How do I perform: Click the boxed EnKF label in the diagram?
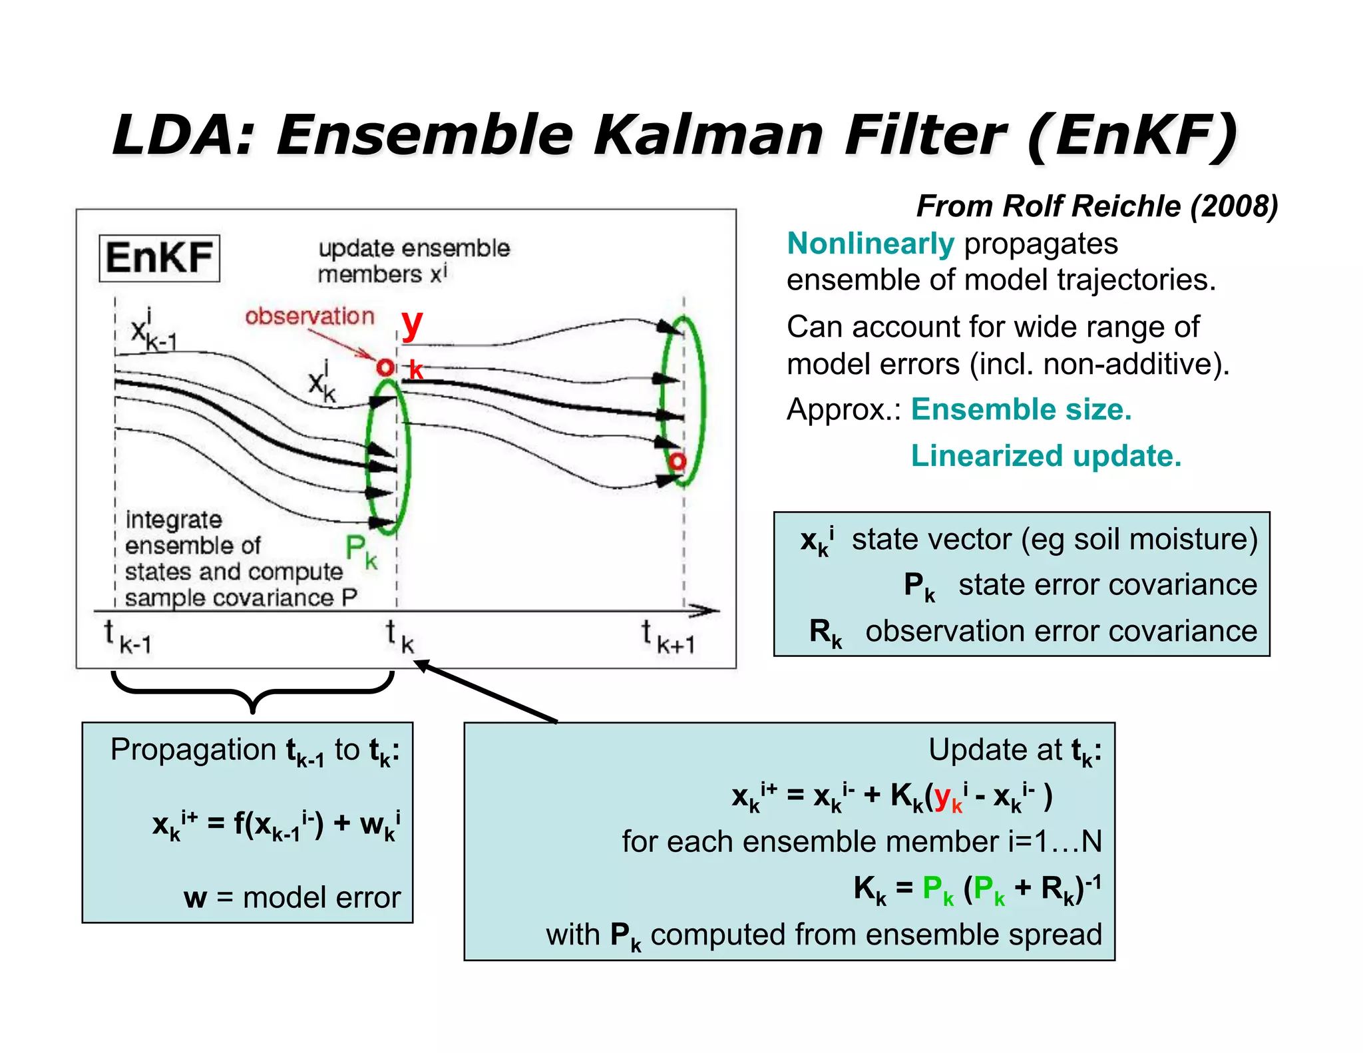pos(159,258)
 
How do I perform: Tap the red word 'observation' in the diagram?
pos(309,316)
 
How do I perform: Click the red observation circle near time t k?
pos(385,367)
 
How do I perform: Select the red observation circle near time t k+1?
pos(678,461)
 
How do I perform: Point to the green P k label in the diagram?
pos(361,552)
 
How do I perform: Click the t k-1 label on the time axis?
pos(128,636)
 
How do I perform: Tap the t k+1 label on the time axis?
pos(668,636)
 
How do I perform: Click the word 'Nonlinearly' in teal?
pos(871,244)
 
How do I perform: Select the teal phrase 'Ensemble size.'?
pos(1021,409)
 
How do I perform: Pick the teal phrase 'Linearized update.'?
pos(1046,456)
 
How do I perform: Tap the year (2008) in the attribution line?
pos(1234,206)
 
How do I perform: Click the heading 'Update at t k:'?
pos(1014,751)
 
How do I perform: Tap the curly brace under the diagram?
pos(252,692)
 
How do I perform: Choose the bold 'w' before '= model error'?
pos(195,898)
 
